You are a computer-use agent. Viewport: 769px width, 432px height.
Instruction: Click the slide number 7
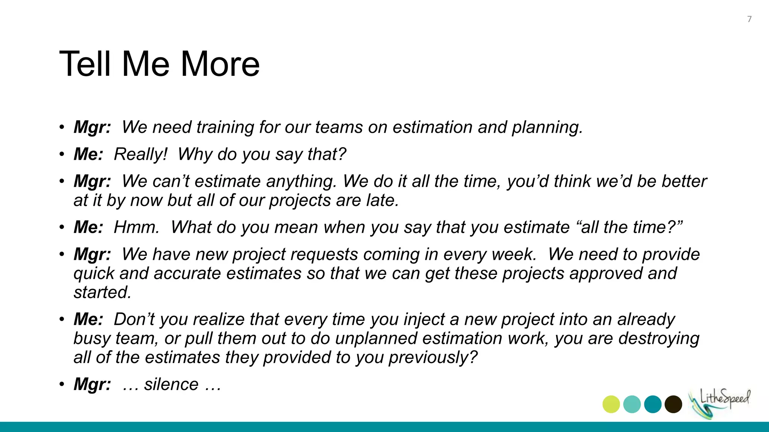[x=749, y=19]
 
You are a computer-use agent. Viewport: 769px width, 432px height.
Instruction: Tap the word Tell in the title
[x=85, y=64]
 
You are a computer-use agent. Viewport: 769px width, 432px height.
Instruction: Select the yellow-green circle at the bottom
[x=611, y=404]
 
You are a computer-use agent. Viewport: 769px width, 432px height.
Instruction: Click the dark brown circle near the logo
[x=673, y=404]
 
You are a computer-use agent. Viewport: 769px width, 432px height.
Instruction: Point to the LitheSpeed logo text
[x=725, y=399]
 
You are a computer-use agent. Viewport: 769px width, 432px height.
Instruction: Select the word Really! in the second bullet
[x=140, y=154]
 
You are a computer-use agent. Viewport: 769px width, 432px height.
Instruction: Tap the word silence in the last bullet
[x=171, y=384]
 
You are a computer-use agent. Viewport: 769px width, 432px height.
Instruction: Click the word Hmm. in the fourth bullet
[x=137, y=227]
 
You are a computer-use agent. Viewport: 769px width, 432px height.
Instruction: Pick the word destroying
[x=659, y=339]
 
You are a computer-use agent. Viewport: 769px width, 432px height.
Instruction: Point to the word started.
[x=102, y=292]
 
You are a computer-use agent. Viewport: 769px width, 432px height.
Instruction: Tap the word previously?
[x=433, y=358]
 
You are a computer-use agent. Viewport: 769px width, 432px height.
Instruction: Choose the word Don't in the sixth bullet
[x=134, y=319]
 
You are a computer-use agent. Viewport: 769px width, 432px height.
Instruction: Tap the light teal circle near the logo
[x=632, y=404]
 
